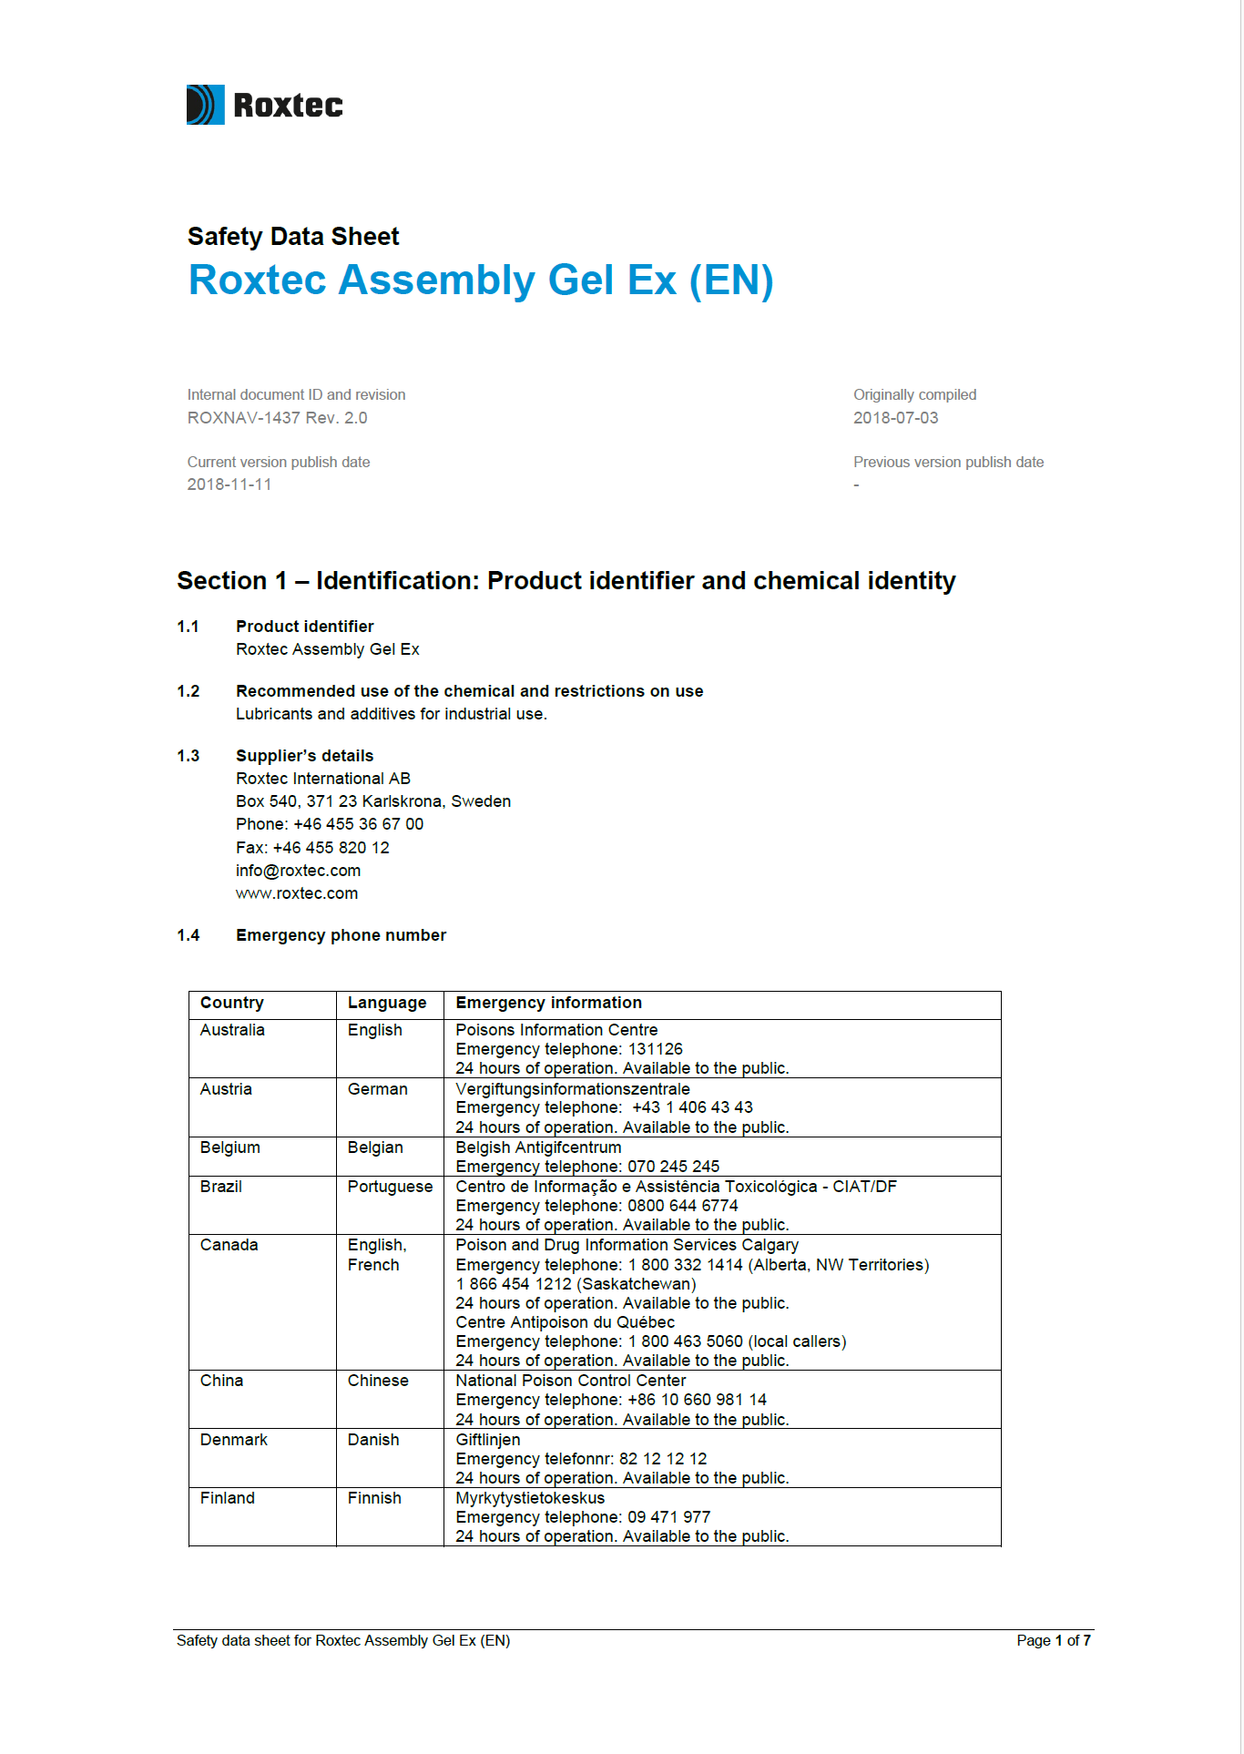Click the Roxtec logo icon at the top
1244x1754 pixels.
[x=205, y=105]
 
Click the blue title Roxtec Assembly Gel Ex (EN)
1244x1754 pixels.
[x=480, y=280]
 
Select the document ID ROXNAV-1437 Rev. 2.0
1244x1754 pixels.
[x=277, y=418]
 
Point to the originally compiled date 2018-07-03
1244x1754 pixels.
[x=894, y=418]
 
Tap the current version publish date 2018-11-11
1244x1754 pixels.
[x=229, y=484]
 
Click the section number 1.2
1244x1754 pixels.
[x=188, y=691]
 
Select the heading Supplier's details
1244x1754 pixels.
[x=304, y=756]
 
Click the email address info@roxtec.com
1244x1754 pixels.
[x=298, y=871]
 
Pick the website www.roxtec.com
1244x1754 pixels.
[x=297, y=893]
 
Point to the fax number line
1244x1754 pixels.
[x=312, y=848]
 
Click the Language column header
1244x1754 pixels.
[x=386, y=1003]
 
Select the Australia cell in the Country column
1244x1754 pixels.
[x=232, y=1030]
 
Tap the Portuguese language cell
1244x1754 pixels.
[x=390, y=1187]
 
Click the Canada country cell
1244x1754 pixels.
[x=229, y=1245]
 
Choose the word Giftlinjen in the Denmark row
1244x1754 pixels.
[x=488, y=1440]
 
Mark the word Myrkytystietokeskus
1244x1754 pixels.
[x=530, y=1498]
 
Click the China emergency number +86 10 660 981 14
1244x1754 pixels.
[x=697, y=1400]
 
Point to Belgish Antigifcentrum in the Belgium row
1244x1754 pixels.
[x=538, y=1147]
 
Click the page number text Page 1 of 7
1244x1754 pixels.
[x=1053, y=1640]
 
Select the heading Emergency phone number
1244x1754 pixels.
[x=341, y=935]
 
